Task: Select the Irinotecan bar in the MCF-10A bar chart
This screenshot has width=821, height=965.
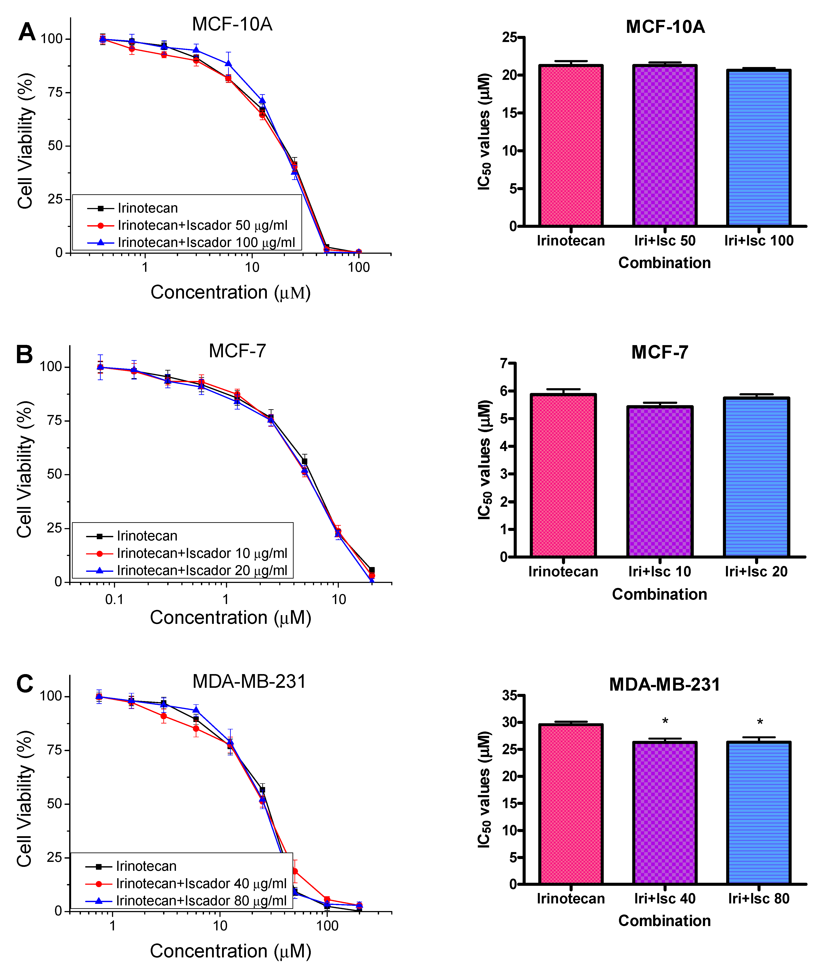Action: (x=571, y=145)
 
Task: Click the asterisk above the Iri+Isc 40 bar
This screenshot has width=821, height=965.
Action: (x=665, y=722)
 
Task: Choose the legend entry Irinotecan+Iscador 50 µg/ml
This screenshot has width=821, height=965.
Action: (x=202, y=225)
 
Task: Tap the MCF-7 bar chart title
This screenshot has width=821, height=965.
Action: (x=659, y=352)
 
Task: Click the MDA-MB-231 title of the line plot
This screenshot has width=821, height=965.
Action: (x=249, y=682)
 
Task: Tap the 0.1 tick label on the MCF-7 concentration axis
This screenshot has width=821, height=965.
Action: (x=114, y=599)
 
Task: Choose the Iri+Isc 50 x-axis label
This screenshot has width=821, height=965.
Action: (x=665, y=241)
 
